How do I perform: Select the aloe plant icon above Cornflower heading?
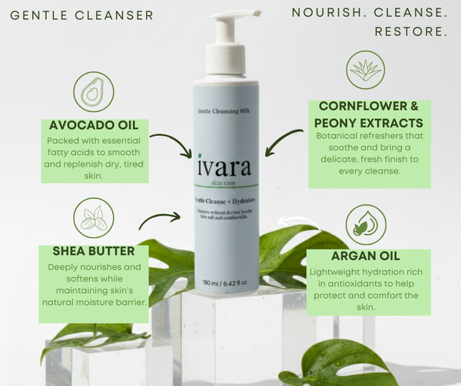366,71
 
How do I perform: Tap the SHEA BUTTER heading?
95,251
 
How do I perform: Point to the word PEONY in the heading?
336,123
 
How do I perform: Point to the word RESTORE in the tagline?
411,32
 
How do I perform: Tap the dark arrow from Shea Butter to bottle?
160,221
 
